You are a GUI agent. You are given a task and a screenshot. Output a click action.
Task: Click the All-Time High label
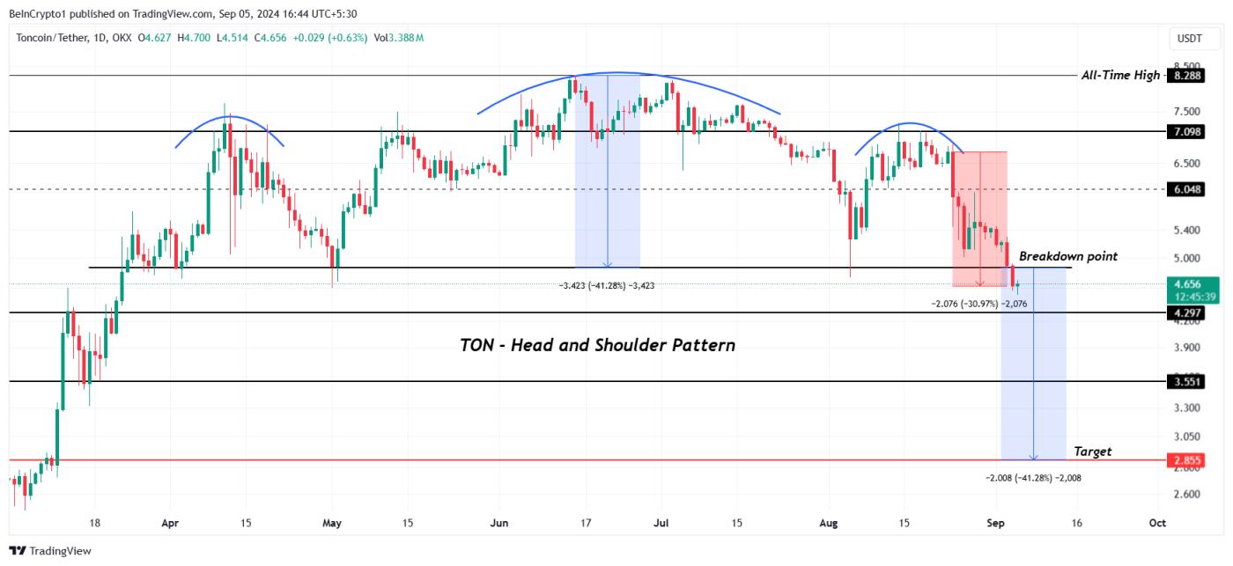click(1120, 76)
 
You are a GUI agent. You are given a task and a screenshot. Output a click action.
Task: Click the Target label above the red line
click(1092, 452)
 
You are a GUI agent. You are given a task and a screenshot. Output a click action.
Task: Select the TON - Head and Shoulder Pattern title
click(597, 345)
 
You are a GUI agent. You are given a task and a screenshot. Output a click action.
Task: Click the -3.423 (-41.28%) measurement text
click(607, 285)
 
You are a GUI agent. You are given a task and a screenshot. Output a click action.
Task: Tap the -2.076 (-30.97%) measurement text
click(979, 304)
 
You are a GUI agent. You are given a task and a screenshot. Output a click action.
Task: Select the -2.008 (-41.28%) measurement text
click(1033, 477)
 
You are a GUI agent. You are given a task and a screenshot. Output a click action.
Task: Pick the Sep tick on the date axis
click(995, 523)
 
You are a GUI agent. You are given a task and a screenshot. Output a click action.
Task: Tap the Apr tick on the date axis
click(171, 523)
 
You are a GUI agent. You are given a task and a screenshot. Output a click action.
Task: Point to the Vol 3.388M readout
click(399, 38)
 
